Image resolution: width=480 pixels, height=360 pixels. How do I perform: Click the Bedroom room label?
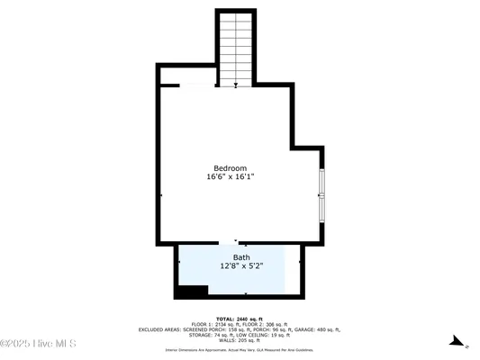(230, 168)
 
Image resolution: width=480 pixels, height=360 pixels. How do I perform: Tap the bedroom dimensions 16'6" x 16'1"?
(230, 177)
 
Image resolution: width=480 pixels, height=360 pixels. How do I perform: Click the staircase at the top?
(236, 45)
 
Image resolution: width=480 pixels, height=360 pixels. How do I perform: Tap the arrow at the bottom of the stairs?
(236, 85)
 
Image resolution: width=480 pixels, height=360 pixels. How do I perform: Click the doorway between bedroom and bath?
(236, 242)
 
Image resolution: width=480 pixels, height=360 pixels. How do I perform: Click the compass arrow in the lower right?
(457, 342)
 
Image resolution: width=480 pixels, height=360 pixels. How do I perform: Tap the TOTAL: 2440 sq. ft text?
(240, 319)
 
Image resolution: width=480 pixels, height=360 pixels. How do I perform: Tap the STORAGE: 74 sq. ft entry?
(210, 336)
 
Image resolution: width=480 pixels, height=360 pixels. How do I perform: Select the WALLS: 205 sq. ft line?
(240, 341)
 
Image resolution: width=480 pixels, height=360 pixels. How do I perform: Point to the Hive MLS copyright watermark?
(39, 344)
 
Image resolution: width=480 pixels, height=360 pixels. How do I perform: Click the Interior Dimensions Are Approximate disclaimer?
(240, 349)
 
